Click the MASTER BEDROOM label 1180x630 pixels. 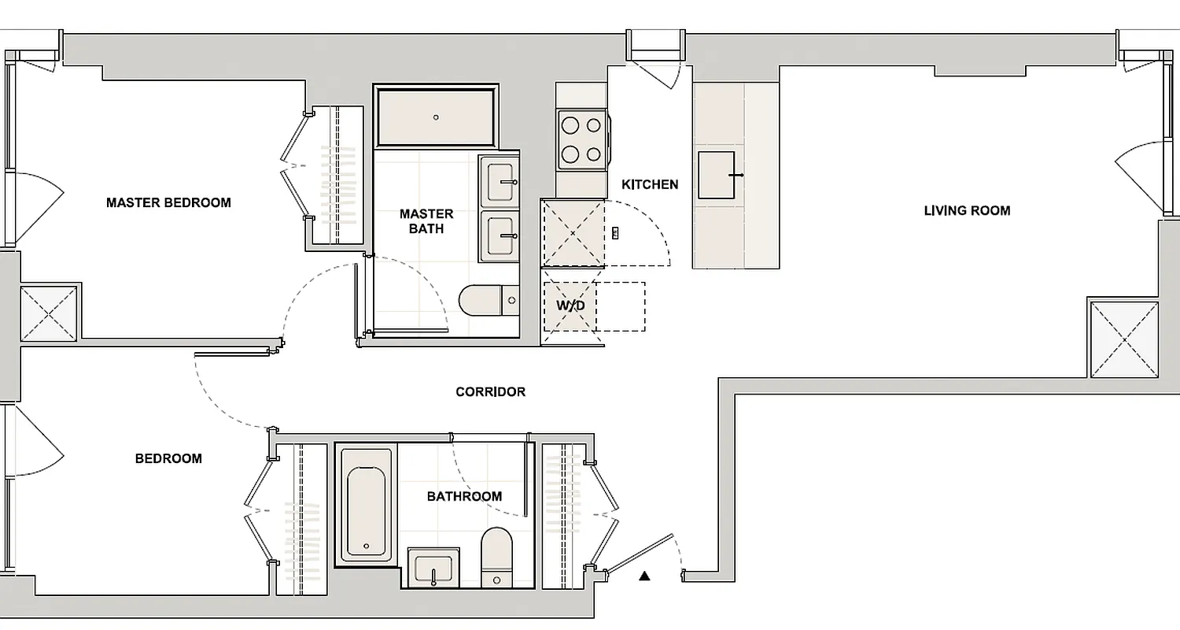[x=168, y=203]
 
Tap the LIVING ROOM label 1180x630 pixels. [x=967, y=211]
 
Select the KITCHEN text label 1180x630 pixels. [x=650, y=185]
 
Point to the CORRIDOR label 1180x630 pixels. [x=490, y=392]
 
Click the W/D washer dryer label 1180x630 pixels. [x=570, y=305]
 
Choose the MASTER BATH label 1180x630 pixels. [x=426, y=221]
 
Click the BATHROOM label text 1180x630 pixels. [x=464, y=497]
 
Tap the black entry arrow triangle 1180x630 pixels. [x=645, y=576]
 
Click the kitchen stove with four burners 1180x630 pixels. [x=583, y=139]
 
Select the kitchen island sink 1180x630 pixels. [x=717, y=175]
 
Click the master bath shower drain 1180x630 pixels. [x=437, y=117]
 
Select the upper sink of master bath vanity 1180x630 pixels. [x=500, y=180]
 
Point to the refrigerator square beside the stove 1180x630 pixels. [x=572, y=234]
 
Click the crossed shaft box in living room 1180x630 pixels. [x=1124, y=338]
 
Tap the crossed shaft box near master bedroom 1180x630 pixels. [x=48, y=313]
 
